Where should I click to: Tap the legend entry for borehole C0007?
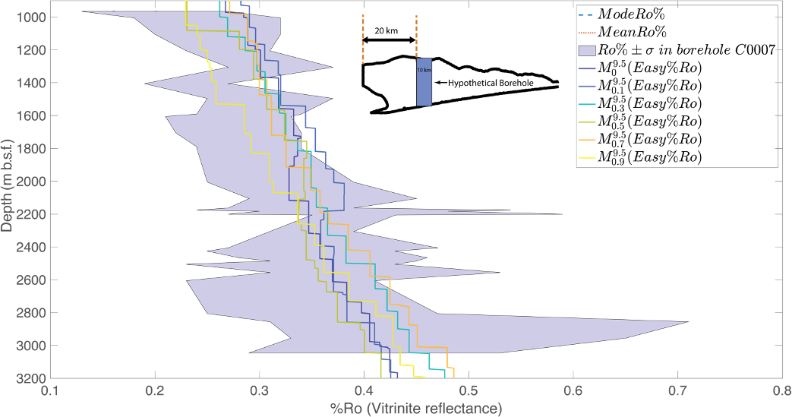[676, 50]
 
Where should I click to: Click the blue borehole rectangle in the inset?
[424, 82]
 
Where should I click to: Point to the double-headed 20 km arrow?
[389, 39]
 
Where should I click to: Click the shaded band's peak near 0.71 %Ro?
[687, 322]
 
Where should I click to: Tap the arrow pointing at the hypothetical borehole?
[439, 82]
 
